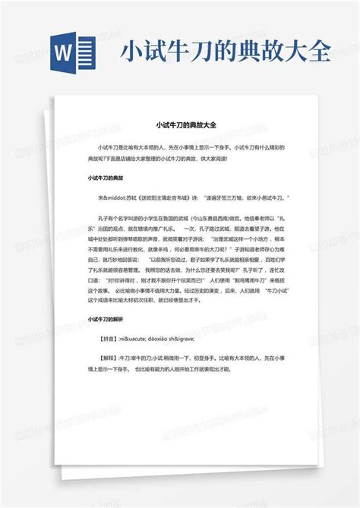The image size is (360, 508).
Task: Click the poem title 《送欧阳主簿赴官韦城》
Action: click(x=167, y=197)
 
